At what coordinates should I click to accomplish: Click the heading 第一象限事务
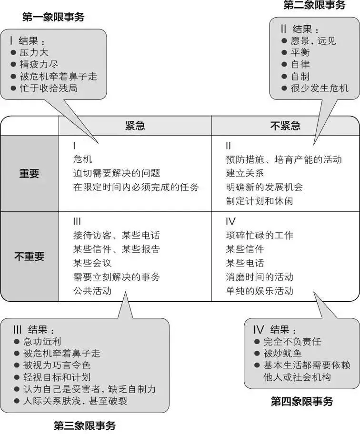[x=53, y=18]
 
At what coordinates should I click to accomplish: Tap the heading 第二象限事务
[x=314, y=5]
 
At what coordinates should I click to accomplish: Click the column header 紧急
[x=135, y=126]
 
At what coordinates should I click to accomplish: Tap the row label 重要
[x=29, y=174]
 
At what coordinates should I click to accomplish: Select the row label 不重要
[x=29, y=256]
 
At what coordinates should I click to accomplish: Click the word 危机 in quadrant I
[x=82, y=159]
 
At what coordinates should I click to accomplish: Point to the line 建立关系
[x=245, y=173]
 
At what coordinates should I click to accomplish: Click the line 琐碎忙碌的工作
[x=260, y=235]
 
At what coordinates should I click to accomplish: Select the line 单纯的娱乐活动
[x=260, y=290]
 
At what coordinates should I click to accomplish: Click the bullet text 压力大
[x=34, y=53]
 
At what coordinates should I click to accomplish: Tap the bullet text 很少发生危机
[x=320, y=88]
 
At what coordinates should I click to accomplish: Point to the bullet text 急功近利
[x=42, y=342]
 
